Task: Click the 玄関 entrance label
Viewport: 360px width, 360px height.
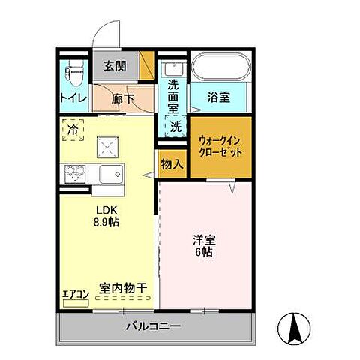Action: click(x=115, y=65)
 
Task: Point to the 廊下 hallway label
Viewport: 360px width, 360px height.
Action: click(x=122, y=97)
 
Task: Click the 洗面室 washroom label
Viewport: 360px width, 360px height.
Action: click(x=173, y=96)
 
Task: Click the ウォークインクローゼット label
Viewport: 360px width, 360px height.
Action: click(x=220, y=145)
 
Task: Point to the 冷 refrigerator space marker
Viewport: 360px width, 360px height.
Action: click(x=73, y=129)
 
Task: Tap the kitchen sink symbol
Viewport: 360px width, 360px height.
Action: click(x=114, y=176)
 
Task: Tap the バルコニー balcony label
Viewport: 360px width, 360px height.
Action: click(x=152, y=327)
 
